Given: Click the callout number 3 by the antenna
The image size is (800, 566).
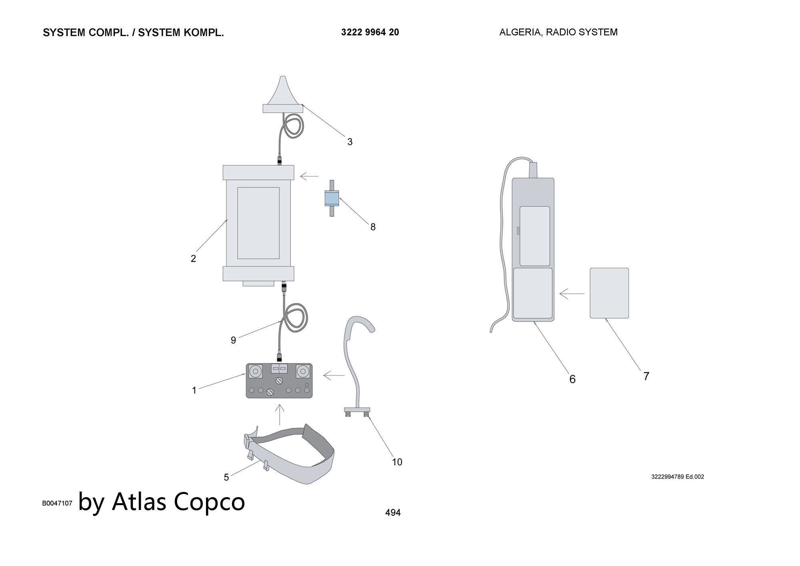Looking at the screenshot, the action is pos(350,142).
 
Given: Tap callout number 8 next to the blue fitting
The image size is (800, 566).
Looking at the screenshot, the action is pos(373,227).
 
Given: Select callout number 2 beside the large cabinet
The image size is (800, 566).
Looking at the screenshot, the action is pos(194,259).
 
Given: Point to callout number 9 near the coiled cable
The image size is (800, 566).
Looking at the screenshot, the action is pos(234,340).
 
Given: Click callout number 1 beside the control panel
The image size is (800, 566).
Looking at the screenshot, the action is pos(194,390).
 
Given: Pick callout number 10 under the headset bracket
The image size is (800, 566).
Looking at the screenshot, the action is pos(397,462).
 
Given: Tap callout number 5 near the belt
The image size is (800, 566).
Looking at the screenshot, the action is pos(226,477).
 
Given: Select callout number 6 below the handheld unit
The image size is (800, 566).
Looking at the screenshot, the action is pos(572,379).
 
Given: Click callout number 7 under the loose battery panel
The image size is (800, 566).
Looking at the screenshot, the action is pos(646,376).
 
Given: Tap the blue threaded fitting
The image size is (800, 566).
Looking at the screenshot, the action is pos(332,198).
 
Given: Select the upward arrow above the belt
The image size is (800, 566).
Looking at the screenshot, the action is pos(280,415).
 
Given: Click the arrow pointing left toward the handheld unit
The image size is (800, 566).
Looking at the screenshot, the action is pos(572,294).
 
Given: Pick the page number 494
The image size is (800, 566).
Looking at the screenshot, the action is pos(393,513).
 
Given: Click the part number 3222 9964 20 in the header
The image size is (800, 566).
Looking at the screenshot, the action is pos(370,32).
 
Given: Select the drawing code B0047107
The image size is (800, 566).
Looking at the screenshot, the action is pos(57,503).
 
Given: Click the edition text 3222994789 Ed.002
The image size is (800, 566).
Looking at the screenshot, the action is pos(678,477).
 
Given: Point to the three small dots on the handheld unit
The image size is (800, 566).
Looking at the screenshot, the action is pos(518,231).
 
